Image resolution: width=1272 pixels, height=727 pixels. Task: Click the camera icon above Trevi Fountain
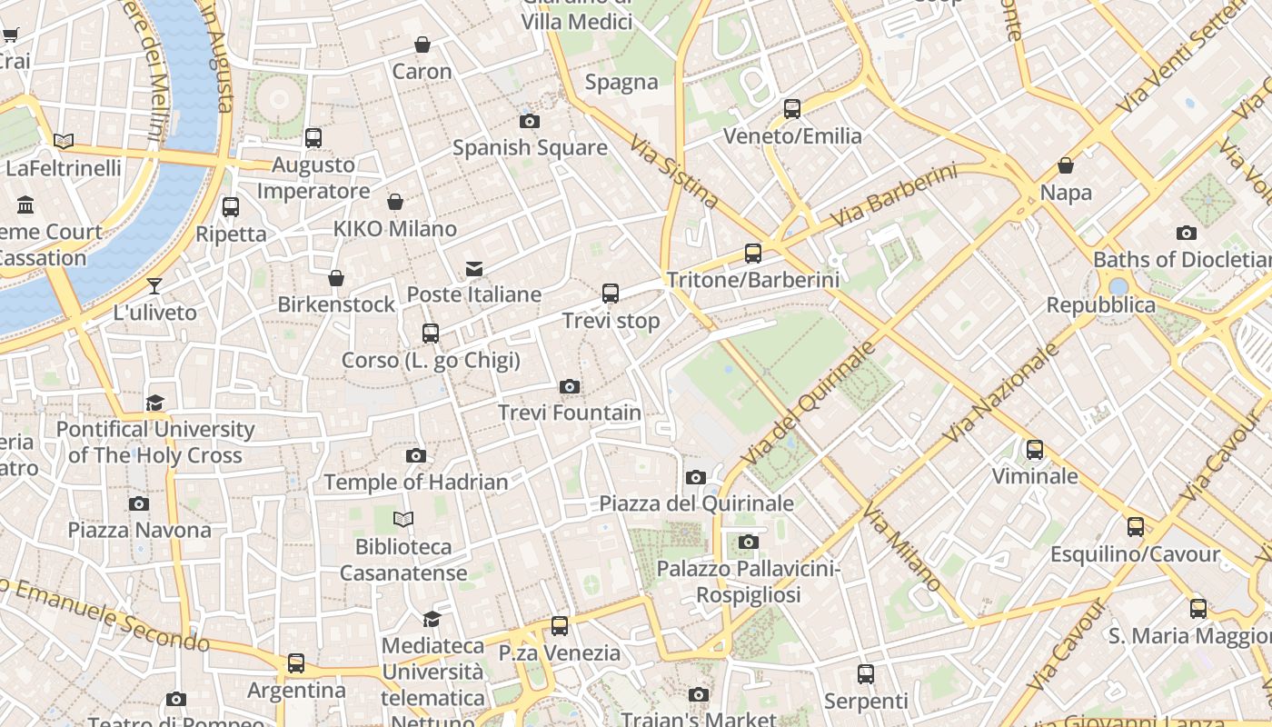pyautogui.click(x=570, y=387)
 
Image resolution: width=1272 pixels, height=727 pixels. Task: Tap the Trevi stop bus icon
pyautogui.click(x=611, y=294)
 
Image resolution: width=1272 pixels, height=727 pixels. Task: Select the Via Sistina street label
pyautogui.click(x=673, y=173)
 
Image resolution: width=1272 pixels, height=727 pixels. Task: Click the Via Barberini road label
pyautogui.click(x=894, y=196)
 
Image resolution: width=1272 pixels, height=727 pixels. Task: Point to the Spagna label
pyautogui.click(x=621, y=82)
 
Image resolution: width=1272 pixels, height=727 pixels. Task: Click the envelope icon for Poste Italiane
pyautogui.click(x=474, y=268)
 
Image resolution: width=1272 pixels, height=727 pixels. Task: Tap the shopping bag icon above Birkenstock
pyautogui.click(x=336, y=278)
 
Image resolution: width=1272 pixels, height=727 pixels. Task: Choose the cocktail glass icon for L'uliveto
pyautogui.click(x=154, y=286)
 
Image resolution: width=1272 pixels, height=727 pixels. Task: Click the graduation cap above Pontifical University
pyautogui.click(x=155, y=403)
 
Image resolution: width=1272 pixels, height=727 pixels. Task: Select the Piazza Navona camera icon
pyautogui.click(x=139, y=503)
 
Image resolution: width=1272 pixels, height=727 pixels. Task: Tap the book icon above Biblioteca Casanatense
pyautogui.click(x=403, y=520)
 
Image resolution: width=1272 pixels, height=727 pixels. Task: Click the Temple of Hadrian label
pyautogui.click(x=416, y=482)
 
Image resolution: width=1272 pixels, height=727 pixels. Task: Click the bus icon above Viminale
pyautogui.click(x=1035, y=450)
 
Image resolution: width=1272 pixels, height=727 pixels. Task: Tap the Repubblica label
pyautogui.click(x=1100, y=305)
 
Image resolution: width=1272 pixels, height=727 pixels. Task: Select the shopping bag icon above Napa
pyautogui.click(x=1066, y=166)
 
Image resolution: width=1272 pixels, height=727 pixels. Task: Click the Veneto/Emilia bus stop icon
pyautogui.click(x=792, y=109)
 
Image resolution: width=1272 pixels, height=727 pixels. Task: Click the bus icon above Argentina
pyautogui.click(x=296, y=663)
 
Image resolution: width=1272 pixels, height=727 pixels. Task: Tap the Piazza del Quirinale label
pyautogui.click(x=696, y=503)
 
